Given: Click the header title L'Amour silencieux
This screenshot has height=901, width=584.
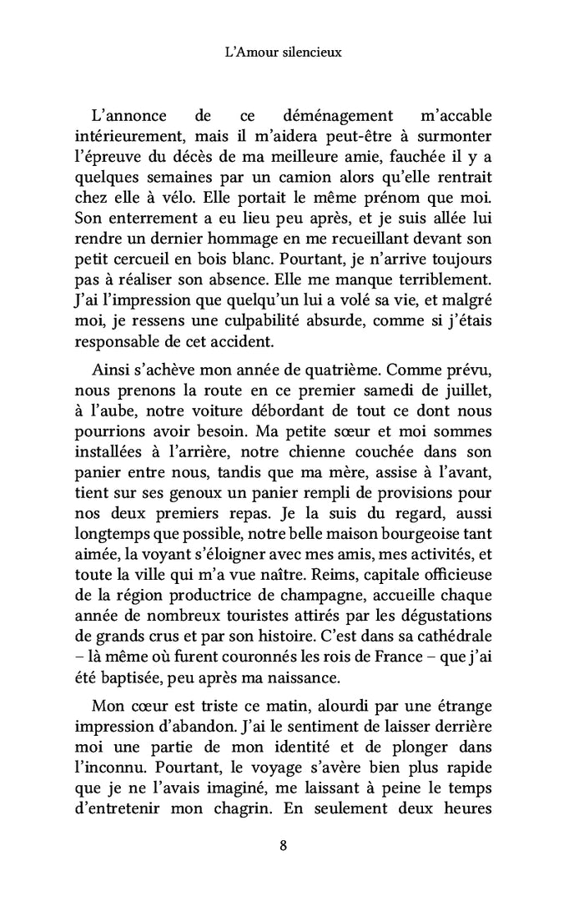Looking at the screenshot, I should coord(284,52).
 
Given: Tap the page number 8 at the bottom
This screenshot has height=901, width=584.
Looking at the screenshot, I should coord(284,845).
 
